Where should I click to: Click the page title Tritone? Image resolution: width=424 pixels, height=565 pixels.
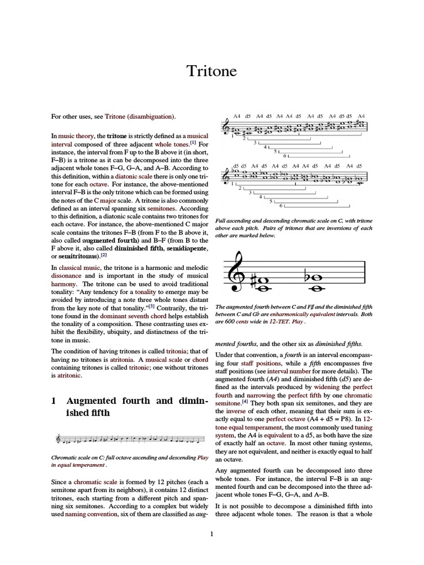[x=212, y=71]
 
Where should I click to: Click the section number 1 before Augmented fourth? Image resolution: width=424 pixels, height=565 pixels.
[x=54, y=401]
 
